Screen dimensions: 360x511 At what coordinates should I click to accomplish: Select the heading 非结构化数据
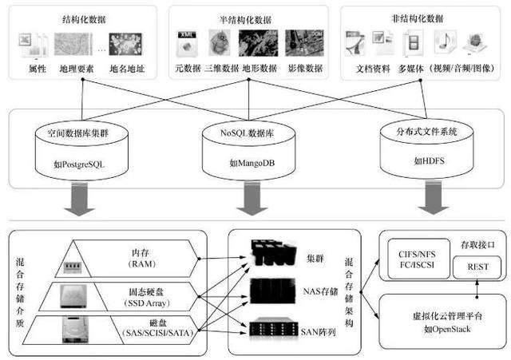(x=418, y=17)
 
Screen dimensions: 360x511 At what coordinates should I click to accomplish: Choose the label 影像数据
(x=303, y=69)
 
